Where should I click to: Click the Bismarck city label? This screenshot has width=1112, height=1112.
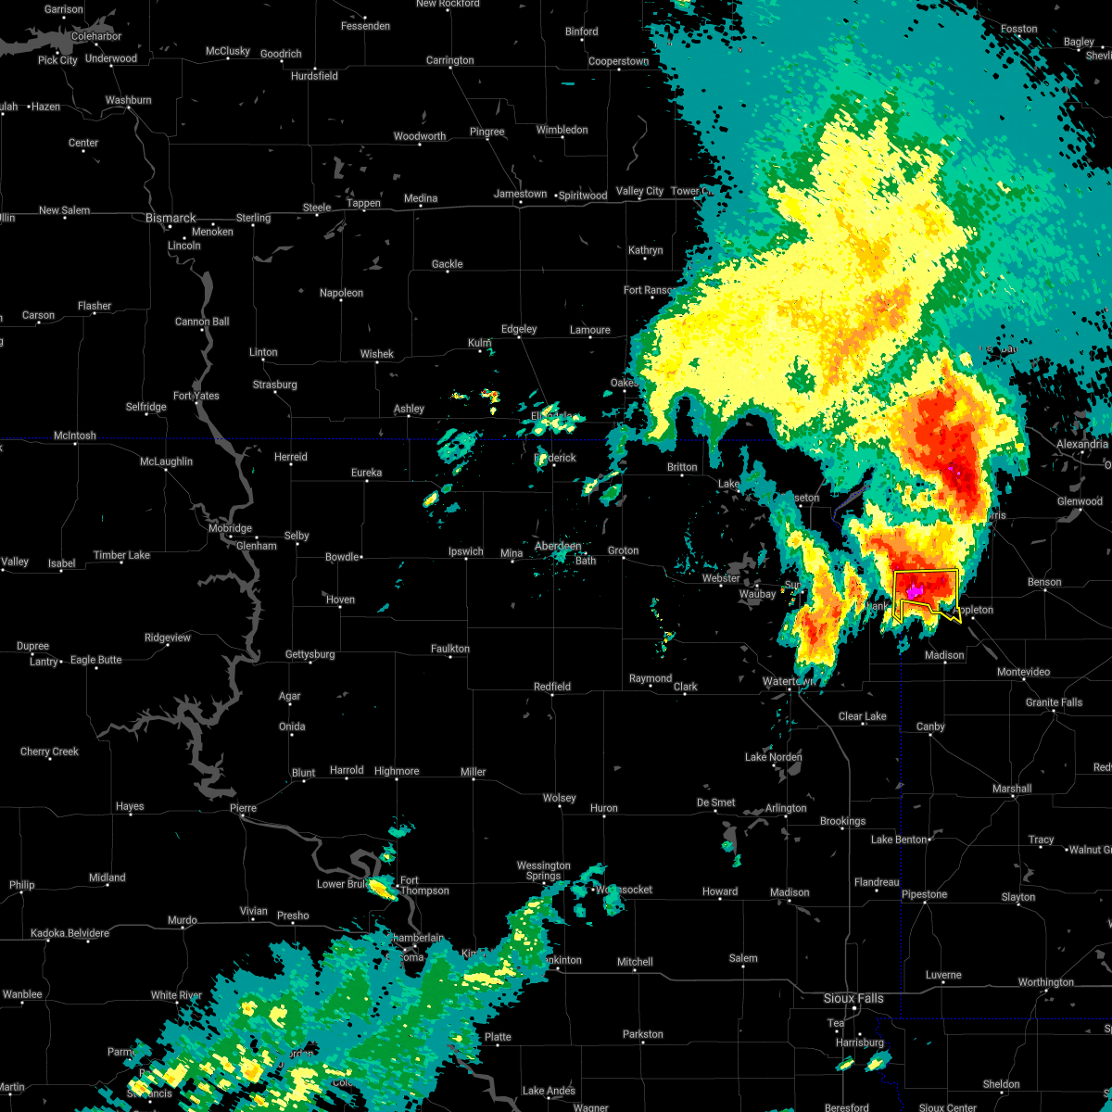tap(171, 219)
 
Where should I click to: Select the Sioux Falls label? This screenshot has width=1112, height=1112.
tap(853, 998)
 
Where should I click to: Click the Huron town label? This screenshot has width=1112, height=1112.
tap(603, 808)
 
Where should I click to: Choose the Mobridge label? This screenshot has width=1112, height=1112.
tap(229, 528)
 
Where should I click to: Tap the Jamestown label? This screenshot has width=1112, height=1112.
tap(520, 194)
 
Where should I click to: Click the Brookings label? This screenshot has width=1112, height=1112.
tap(842, 821)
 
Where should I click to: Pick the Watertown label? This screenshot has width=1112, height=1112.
tap(789, 681)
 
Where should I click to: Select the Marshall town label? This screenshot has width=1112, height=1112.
tap(1011, 789)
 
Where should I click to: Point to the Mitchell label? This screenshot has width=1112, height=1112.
tap(635, 962)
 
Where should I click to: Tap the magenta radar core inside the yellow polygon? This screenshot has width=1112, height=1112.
tap(913, 590)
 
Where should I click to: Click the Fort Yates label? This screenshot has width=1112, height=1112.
tap(196, 396)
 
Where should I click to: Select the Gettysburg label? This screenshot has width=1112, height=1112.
tap(310, 654)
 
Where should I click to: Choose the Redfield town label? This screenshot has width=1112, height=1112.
tap(552, 687)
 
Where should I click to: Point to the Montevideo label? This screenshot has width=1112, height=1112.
tap(1023, 672)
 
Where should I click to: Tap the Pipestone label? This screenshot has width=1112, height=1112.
tap(924, 894)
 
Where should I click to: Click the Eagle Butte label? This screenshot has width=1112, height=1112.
tap(96, 660)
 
